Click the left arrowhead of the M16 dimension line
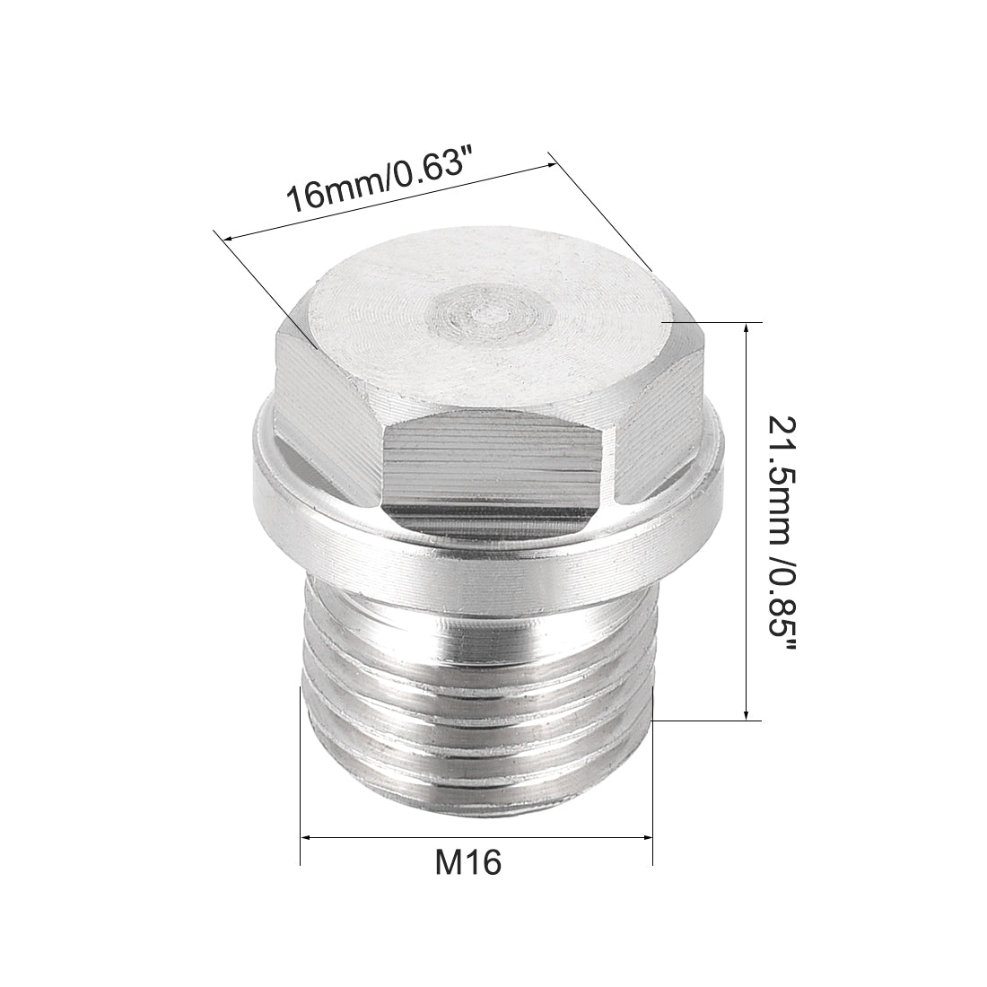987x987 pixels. click(308, 837)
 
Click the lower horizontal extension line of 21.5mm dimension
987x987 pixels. click(709, 721)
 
